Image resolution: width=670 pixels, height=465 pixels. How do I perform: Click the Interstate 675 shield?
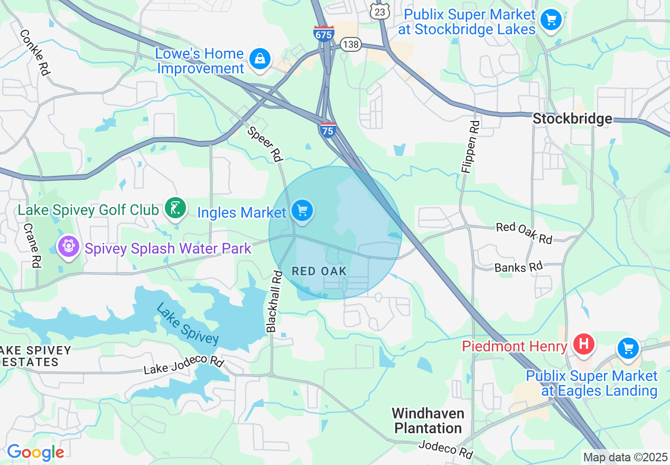(323, 33)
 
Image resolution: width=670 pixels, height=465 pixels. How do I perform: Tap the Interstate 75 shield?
(328, 129)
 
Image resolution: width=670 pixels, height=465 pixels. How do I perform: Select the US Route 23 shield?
(380, 11)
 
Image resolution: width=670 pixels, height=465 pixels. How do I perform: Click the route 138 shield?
(350, 44)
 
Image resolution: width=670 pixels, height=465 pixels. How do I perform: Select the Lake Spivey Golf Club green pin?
(175, 208)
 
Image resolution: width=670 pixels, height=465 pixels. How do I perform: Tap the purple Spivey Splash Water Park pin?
(68, 246)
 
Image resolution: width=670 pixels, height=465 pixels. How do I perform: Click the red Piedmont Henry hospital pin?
(583, 344)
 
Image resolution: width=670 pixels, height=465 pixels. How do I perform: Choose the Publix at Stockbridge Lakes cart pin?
(551, 20)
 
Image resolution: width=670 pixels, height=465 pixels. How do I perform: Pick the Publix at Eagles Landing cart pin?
(628, 348)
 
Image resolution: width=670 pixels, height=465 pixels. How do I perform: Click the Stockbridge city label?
(572, 119)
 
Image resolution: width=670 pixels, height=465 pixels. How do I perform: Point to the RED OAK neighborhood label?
(319, 271)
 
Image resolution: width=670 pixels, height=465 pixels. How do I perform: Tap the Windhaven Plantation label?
(428, 420)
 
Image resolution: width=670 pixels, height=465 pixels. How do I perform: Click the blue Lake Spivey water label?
(188, 323)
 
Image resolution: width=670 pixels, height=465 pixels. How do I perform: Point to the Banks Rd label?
(518, 267)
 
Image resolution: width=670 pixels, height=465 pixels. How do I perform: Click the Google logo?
(35, 452)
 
